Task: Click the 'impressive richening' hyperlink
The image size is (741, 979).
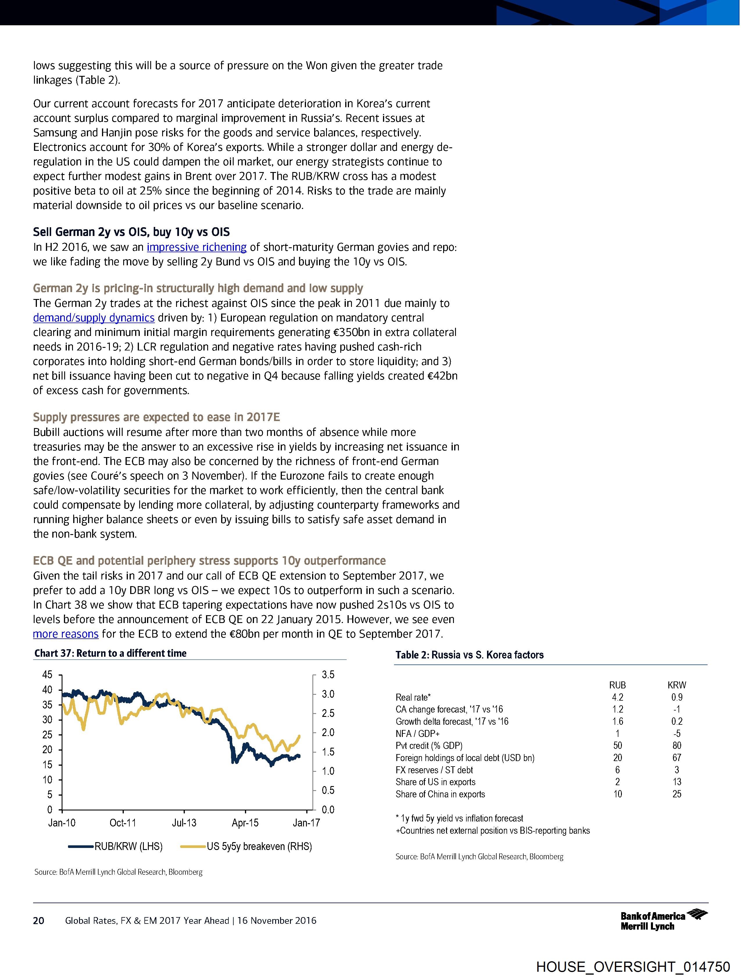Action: click(x=196, y=247)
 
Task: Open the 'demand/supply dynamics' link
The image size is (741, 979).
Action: click(x=93, y=318)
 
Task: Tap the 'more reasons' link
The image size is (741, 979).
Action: click(x=65, y=634)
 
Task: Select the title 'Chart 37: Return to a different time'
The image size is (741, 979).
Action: click(x=110, y=653)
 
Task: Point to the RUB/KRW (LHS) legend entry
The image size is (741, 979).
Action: click(x=116, y=847)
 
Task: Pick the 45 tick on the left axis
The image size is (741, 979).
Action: click(x=47, y=675)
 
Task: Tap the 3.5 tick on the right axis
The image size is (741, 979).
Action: click(x=328, y=675)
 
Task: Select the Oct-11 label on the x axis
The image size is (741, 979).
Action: click(x=123, y=823)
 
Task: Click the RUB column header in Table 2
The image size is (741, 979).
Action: click(x=617, y=685)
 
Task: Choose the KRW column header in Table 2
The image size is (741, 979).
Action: click(x=676, y=685)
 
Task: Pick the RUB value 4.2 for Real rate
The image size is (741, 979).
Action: click(x=617, y=697)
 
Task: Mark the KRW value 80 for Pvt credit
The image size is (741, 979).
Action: click(x=676, y=746)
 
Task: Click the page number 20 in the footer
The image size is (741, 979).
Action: click(x=39, y=921)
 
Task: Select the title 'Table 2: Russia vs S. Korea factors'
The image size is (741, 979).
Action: click(x=469, y=655)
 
